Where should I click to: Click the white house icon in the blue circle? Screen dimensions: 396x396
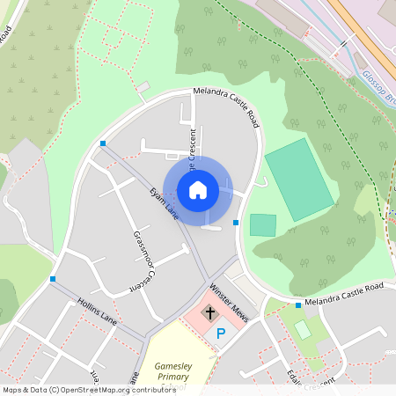198,189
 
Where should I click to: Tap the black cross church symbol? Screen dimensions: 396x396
209,312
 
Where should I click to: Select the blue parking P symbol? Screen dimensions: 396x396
221,334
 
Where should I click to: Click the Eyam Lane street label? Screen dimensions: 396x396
165,203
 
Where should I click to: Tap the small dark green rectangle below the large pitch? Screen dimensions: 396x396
262,224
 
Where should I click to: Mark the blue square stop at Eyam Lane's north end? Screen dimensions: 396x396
103,143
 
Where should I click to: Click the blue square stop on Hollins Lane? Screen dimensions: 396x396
53,279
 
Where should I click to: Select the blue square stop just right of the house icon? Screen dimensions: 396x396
236,223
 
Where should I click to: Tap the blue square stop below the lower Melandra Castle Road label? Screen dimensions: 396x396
298,305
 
